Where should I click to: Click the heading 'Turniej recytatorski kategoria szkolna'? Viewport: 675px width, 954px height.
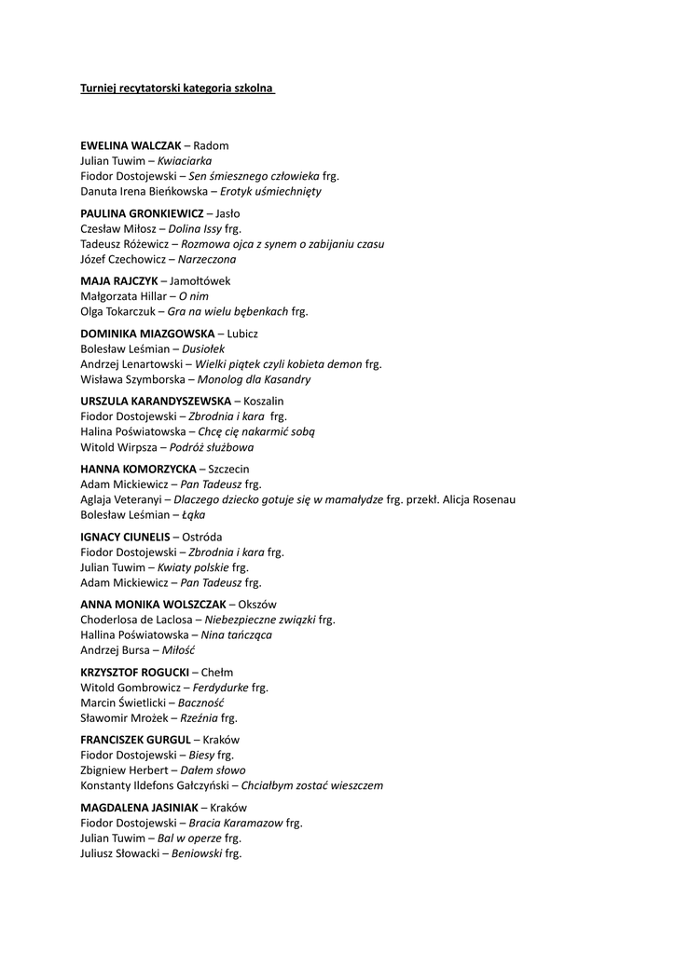(177, 89)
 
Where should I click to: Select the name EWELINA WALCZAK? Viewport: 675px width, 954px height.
(131, 146)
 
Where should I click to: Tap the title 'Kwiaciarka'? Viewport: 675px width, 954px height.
(185, 161)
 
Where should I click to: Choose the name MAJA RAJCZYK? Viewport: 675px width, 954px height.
(119, 281)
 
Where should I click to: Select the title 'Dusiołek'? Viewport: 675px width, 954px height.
(203, 349)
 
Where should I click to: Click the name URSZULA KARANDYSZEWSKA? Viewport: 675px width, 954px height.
(156, 402)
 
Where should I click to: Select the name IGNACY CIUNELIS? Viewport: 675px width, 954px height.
(126, 538)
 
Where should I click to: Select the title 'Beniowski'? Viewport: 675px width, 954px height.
(198, 852)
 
